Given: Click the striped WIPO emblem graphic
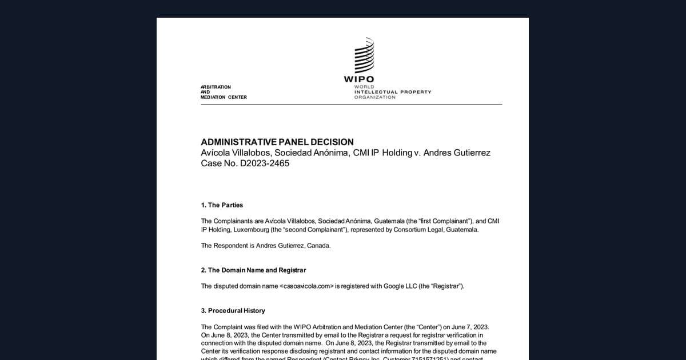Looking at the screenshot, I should tap(364, 56).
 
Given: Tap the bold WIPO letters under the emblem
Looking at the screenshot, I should tap(359, 79).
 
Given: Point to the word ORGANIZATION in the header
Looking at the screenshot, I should tap(374, 97).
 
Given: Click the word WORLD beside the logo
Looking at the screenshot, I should tap(364, 87).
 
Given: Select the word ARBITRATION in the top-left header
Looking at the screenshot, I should tap(216, 87).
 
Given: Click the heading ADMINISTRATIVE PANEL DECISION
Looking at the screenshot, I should tap(277, 142).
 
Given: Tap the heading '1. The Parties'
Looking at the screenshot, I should tap(226, 205).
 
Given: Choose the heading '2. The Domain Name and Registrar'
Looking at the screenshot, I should tap(253, 270).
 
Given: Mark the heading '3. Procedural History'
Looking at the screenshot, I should tap(233, 311).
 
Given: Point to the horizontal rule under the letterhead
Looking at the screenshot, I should tap(351, 105).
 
